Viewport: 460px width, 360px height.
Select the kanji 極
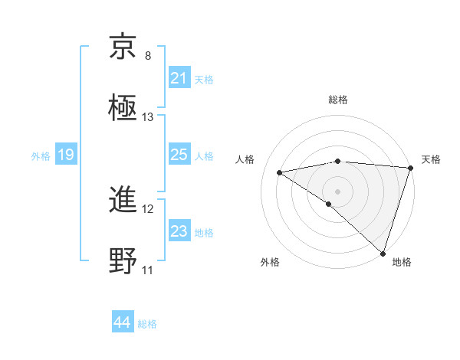(x=124, y=108)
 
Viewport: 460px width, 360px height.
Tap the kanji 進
(x=124, y=200)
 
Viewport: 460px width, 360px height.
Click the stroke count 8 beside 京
(x=148, y=56)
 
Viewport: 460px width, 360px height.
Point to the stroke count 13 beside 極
(x=148, y=117)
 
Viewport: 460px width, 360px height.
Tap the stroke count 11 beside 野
(x=148, y=270)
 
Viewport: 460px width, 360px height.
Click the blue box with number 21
(x=179, y=78)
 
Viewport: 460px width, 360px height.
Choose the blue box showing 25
(x=179, y=155)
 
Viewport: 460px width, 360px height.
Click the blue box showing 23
(x=179, y=231)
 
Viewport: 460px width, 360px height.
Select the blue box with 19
(x=66, y=155)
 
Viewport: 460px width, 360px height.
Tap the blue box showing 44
(x=122, y=322)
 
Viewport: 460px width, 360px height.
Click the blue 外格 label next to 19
(x=41, y=155)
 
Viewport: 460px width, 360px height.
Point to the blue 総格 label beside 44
(x=147, y=324)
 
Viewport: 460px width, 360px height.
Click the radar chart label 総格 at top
(x=338, y=100)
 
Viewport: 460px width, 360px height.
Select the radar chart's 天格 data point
(x=410, y=168)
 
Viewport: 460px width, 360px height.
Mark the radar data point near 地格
(x=383, y=253)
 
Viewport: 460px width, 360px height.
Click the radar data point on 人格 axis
(x=280, y=172)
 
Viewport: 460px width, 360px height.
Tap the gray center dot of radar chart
(x=337, y=191)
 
